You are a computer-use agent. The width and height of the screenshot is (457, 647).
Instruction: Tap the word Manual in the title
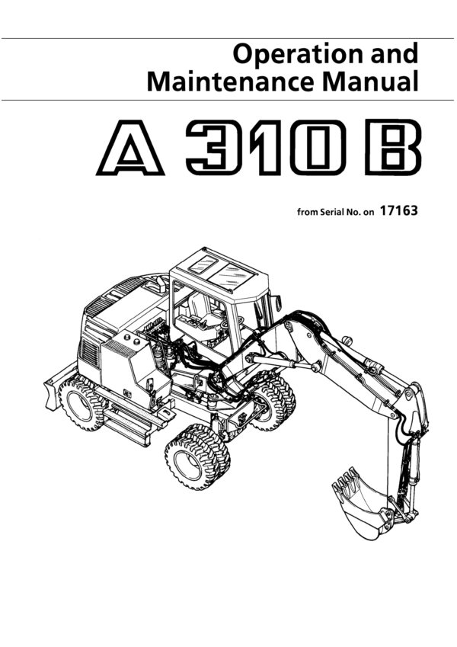click(x=370, y=82)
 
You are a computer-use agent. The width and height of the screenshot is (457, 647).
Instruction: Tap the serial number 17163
click(x=398, y=211)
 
